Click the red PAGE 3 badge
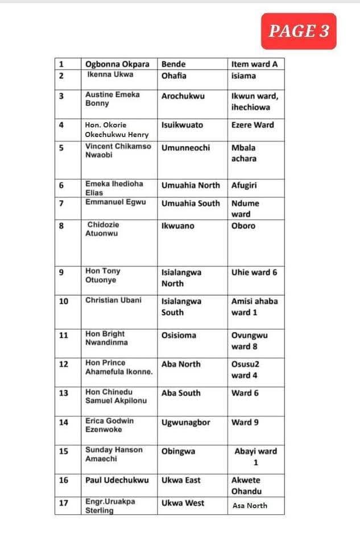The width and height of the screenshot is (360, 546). (x=299, y=31)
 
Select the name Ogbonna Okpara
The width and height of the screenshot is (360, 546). (x=117, y=64)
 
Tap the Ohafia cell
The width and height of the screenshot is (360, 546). (x=174, y=76)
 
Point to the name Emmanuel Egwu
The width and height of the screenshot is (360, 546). (x=113, y=202)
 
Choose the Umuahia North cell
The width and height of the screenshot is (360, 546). (x=191, y=185)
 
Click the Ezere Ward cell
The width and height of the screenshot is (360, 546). (x=253, y=125)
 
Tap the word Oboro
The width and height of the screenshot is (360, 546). (x=243, y=226)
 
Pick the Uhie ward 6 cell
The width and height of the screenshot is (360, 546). (x=254, y=272)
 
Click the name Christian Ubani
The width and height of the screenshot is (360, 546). (x=114, y=300)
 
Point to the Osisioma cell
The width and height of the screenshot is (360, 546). (x=179, y=336)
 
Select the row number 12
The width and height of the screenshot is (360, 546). (x=63, y=365)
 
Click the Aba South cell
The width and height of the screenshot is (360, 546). (x=181, y=393)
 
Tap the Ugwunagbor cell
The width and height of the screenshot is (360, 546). (x=186, y=423)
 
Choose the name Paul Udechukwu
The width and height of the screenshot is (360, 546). (x=117, y=480)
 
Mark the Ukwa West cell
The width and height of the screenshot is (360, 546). (x=183, y=503)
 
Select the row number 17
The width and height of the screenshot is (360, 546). (x=63, y=503)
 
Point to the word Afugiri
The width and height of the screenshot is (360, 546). (x=246, y=185)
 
